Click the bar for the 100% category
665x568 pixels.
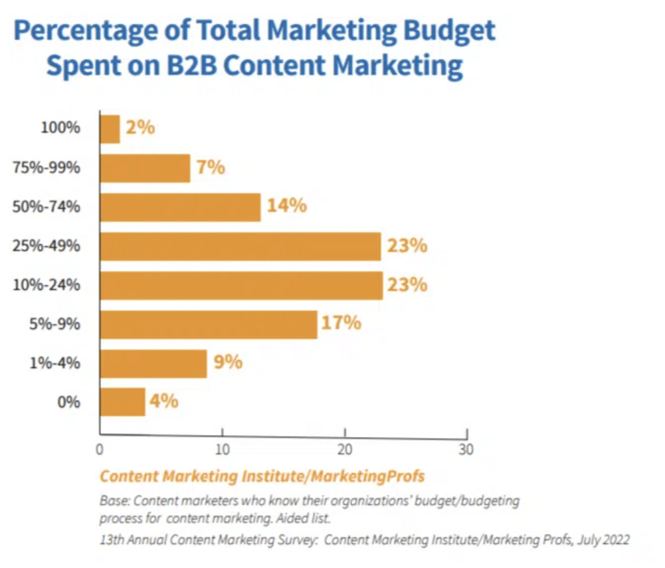[110, 129]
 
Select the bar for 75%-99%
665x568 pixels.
[145, 167]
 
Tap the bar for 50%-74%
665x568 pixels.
[180, 206]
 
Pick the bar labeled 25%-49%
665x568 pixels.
[240, 246]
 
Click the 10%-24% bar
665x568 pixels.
[241, 285]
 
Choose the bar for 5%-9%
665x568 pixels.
[208, 324]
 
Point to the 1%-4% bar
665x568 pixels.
[153, 363]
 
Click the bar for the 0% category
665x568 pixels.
[122, 402]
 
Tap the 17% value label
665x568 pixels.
[341, 323]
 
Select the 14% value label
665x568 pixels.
[286, 206]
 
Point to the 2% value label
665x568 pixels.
[140, 127]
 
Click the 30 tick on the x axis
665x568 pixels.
[466, 449]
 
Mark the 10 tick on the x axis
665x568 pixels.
[222, 449]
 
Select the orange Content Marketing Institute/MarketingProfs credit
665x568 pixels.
[262, 476]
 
